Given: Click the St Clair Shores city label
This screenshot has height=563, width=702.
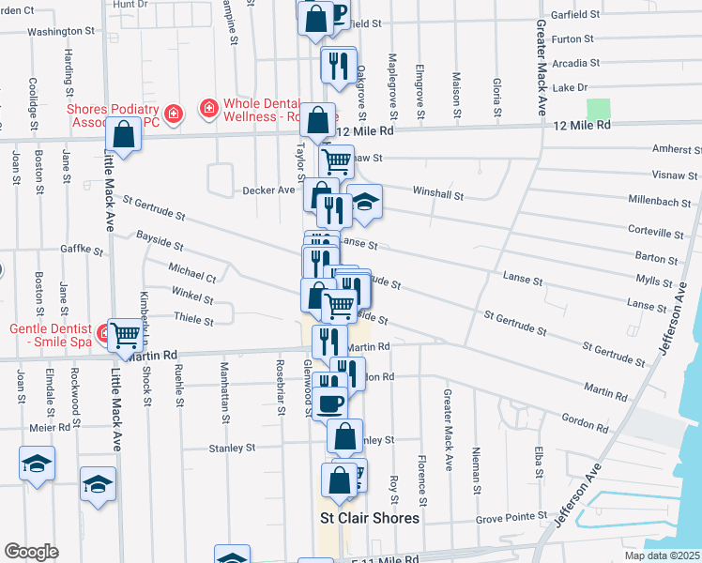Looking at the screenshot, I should pyautogui.click(x=370, y=518).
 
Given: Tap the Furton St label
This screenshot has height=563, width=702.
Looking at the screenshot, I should pyautogui.click(x=574, y=39).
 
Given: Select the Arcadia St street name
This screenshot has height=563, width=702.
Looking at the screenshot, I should pyautogui.click(x=575, y=63).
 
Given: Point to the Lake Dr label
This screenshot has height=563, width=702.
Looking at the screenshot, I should pyautogui.click(x=571, y=87).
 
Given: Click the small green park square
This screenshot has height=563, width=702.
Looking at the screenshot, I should pyautogui.click(x=599, y=108).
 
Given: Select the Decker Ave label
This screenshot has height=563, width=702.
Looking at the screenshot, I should pyautogui.click(x=268, y=190).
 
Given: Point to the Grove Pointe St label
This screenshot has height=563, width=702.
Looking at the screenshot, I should pyautogui.click(x=511, y=516).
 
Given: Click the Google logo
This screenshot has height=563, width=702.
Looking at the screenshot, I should pyautogui.click(x=31, y=552).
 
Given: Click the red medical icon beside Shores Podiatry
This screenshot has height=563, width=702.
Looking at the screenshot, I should pyautogui.click(x=173, y=114).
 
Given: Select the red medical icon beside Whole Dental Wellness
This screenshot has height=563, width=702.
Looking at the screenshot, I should pyautogui.click(x=208, y=109).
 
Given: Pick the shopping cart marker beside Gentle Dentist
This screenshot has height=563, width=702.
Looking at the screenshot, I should pyautogui.click(x=125, y=334).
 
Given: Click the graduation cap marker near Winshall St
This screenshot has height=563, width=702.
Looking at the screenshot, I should pyautogui.click(x=364, y=202).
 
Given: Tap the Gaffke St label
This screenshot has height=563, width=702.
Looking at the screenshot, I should pyautogui.click(x=82, y=251).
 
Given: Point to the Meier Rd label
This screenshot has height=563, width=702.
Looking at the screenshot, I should pyautogui.click(x=50, y=427).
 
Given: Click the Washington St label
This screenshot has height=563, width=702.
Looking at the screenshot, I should pyautogui.click(x=62, y=31).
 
